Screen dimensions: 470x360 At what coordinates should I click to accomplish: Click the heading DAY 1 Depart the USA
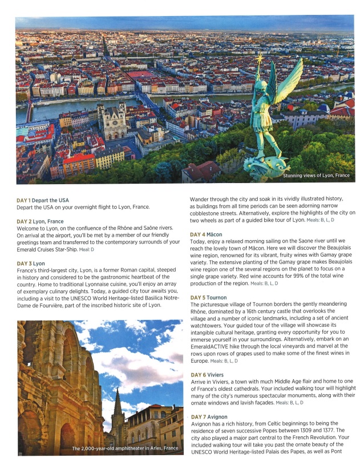(43, 200)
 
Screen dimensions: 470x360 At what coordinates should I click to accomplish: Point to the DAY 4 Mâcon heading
(206, 234)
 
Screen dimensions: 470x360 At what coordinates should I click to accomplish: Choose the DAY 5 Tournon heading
(208, 298)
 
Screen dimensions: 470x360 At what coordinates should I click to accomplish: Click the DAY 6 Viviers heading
(207, 375)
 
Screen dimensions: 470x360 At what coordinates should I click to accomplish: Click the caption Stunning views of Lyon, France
(316, 176)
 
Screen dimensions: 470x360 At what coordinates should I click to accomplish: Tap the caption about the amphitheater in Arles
(125, 448)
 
